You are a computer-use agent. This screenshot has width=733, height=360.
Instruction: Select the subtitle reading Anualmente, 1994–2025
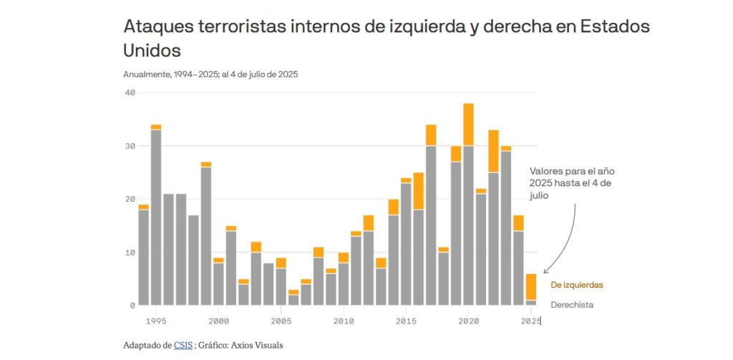(210, 74)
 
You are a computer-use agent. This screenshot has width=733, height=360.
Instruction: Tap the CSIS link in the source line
(183, 346)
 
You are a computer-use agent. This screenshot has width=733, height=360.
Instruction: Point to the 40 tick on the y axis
(130, 92)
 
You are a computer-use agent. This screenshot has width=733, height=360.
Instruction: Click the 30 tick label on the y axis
(130, 146)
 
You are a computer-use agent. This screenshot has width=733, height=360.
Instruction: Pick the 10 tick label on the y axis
(130, 253)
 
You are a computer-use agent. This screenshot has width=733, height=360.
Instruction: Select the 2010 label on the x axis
(344, 321)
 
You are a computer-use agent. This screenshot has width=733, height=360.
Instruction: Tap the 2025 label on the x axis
(530, 321)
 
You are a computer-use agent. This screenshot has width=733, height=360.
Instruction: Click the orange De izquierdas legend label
(576, 285)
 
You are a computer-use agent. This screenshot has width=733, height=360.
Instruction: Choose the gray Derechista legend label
(572, 305)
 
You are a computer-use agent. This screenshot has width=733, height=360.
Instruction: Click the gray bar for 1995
(156, 218)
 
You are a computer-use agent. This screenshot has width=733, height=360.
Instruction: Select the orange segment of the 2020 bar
(468, 125)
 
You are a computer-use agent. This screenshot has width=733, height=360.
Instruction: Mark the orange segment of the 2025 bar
(530, 286)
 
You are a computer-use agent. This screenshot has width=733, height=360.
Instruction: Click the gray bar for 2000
(218, 284)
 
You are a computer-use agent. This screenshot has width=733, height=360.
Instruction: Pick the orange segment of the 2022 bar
(493, 151)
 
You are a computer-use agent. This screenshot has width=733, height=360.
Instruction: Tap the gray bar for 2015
(406, 244)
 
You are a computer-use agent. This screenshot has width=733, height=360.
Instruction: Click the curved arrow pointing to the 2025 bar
(570, 236)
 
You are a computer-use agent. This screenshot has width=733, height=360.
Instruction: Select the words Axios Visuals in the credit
(259, 346)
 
